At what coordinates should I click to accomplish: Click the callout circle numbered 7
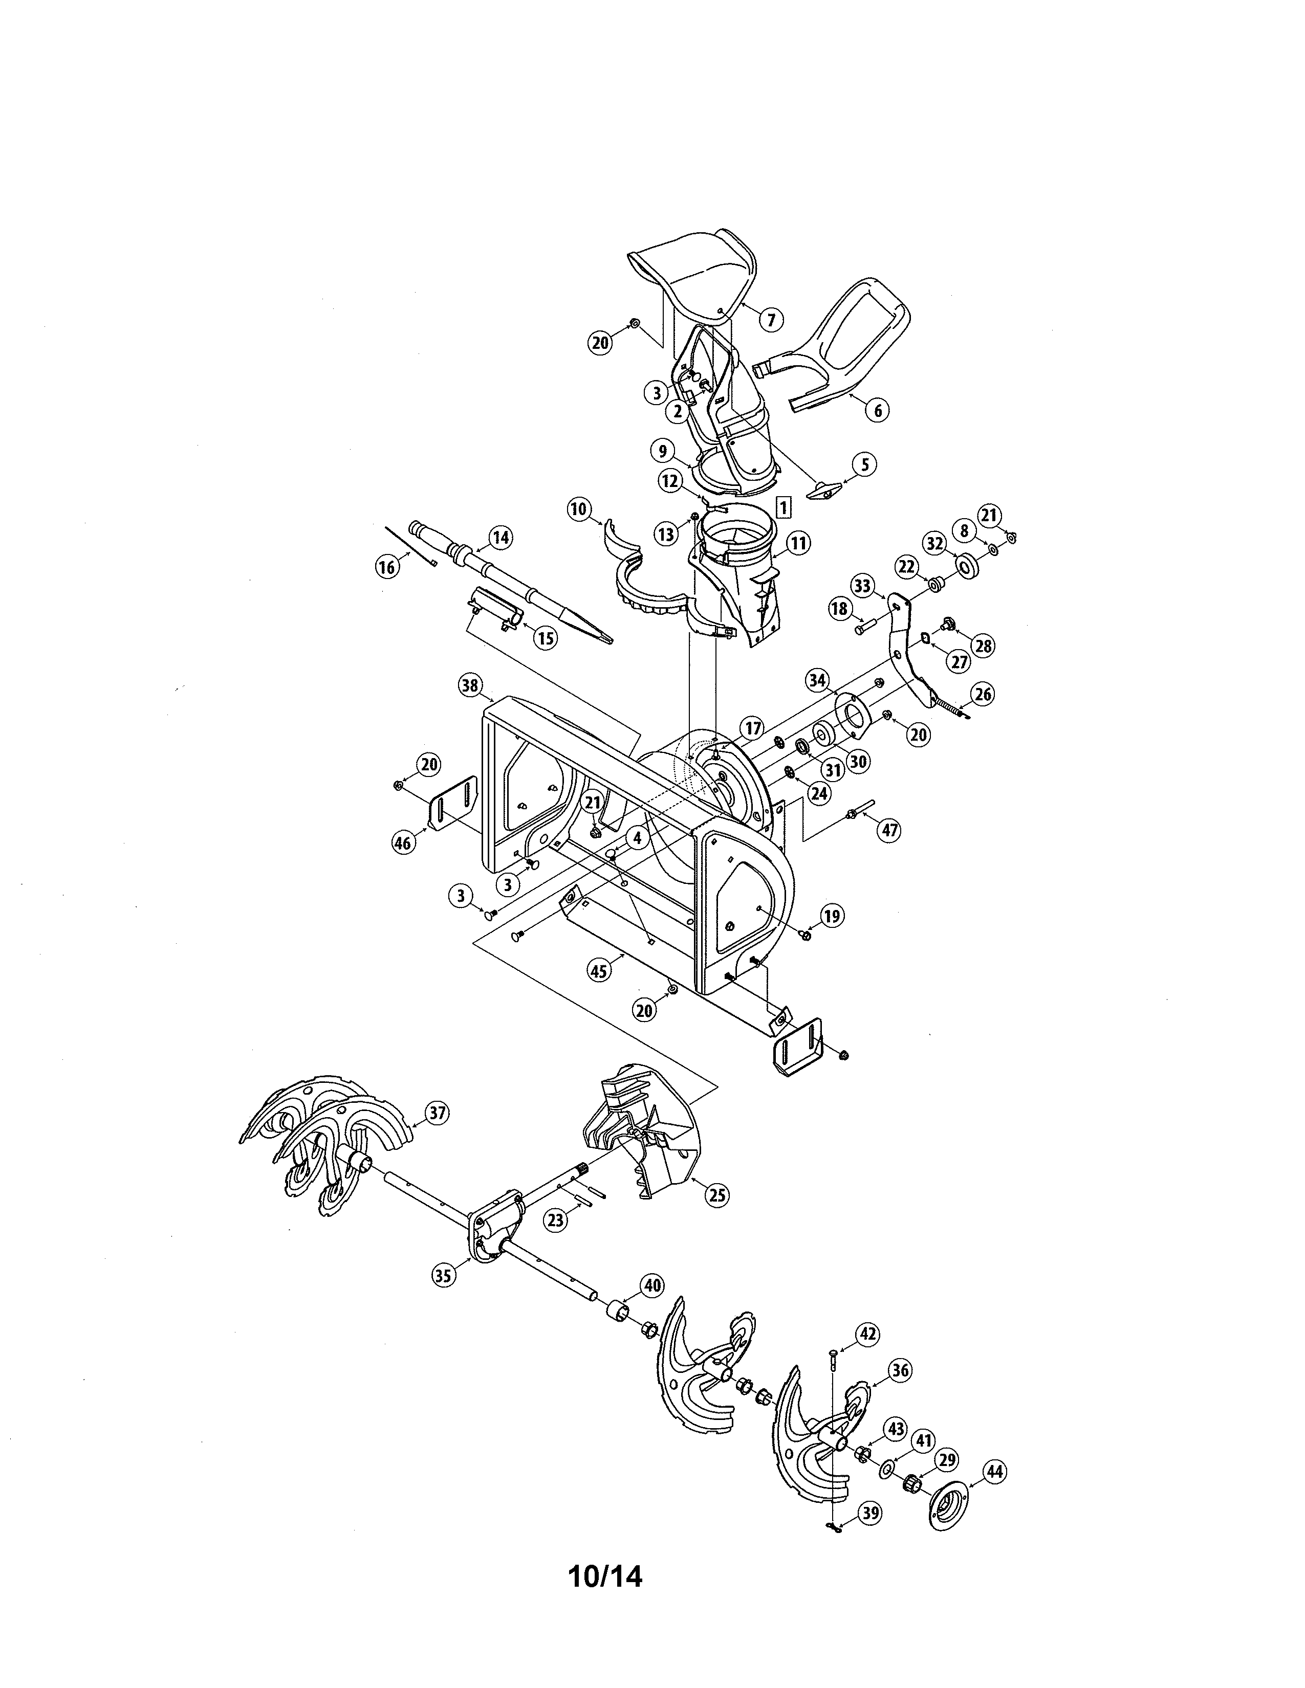click(770, 319)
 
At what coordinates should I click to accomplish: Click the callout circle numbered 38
click(469, 685)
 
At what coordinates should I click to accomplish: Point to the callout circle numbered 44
click(994, 1472)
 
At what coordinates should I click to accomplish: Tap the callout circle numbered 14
click(501, 537)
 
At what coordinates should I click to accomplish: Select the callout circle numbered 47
click(890, 830)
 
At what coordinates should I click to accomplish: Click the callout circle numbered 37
click(438, 1113)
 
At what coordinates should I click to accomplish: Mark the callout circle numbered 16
click(386, 567)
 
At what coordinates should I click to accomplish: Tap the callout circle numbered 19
click(831, 917)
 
